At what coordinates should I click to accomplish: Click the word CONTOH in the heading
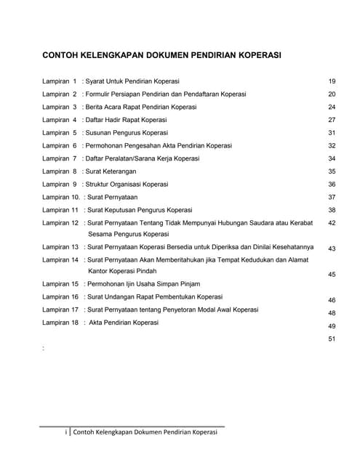[62, 54]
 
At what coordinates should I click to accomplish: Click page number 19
[332, 81]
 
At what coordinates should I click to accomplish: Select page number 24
[332, 107]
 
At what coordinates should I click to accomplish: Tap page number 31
[332, 133]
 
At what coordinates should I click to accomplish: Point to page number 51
[332, 339]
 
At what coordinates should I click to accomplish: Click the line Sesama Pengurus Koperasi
[128, 235]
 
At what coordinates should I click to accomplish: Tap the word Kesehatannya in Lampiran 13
[291, 247]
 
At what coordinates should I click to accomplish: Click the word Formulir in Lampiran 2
[101, 94]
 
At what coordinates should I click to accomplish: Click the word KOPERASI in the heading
[254, 54]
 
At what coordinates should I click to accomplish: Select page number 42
[332, 223]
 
